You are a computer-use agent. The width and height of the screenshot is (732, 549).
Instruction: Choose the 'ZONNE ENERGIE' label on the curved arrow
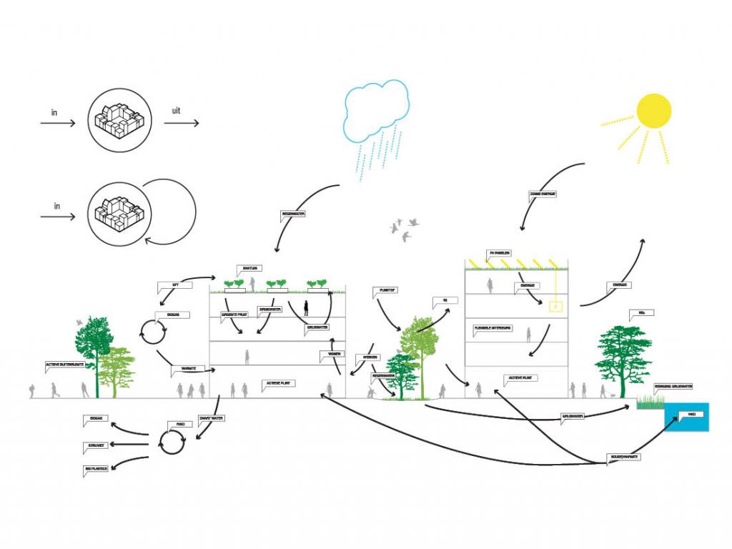click(x=543, y=193)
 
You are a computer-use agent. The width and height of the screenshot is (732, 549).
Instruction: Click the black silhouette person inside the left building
click(x=307, y=308)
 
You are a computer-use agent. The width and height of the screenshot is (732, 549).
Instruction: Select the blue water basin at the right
click(x=687, y=417)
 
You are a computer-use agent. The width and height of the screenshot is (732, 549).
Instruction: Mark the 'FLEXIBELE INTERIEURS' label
click(x=493, y=329)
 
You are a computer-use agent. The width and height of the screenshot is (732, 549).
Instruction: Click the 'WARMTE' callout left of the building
click(x=188, y=369)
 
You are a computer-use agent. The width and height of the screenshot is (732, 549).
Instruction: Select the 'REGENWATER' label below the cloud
click(x=293, y=214)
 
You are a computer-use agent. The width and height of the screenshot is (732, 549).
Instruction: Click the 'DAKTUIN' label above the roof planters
click(x=249, y=269)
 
